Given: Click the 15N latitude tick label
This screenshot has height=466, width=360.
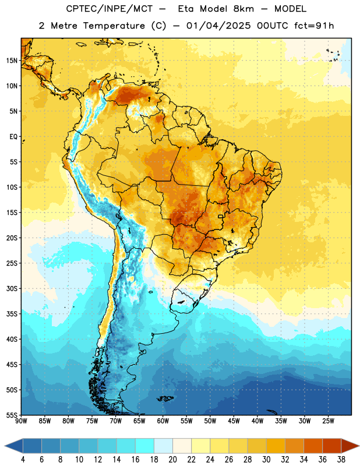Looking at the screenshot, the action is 12,61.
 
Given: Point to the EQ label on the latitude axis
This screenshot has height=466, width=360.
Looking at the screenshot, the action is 13,137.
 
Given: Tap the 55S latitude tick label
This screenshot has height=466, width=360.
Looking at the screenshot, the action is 12,415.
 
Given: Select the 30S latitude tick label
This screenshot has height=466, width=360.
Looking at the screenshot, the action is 12,288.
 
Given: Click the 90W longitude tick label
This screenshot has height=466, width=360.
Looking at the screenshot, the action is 22,421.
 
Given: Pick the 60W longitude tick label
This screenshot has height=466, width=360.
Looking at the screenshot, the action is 163,421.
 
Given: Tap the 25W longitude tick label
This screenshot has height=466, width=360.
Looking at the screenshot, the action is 328,421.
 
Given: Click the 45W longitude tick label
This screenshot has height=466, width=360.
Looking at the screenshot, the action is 234,421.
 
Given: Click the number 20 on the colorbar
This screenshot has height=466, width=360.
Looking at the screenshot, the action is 172,460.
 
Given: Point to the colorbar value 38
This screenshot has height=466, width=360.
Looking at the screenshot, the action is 341,460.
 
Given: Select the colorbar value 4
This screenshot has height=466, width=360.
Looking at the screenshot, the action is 23,460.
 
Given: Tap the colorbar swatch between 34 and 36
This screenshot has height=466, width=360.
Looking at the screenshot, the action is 313,446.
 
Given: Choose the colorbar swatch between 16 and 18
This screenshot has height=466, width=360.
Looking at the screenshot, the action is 145,446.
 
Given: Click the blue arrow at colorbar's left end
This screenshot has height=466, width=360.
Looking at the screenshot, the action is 14,446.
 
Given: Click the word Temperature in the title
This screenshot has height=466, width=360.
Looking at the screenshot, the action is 114,26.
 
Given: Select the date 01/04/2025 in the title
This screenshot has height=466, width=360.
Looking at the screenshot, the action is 218,26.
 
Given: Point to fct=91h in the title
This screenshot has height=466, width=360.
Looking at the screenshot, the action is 314,26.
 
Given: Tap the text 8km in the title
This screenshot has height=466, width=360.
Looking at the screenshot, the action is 243,9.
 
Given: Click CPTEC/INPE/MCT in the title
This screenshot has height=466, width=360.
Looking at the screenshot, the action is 110,9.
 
